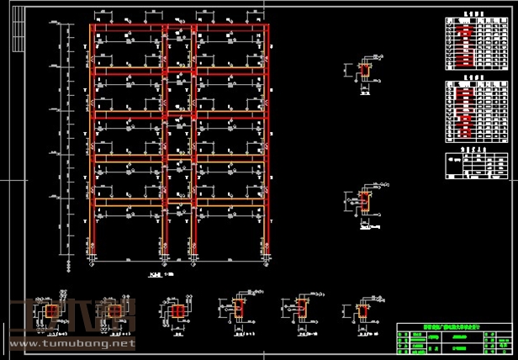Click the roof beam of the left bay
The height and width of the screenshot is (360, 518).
click(126, 27)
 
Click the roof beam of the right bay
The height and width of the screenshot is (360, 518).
click(231, 27)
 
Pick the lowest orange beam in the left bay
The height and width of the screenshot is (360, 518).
click(126, 202)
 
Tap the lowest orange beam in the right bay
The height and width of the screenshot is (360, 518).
click(231, 202)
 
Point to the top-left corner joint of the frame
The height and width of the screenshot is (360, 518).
click(92, 27)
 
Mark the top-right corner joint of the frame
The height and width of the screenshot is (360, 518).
click(269, 27)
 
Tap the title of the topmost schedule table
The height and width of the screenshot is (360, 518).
click(477, 14)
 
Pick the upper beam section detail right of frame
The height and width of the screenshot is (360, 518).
click(364, 71)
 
